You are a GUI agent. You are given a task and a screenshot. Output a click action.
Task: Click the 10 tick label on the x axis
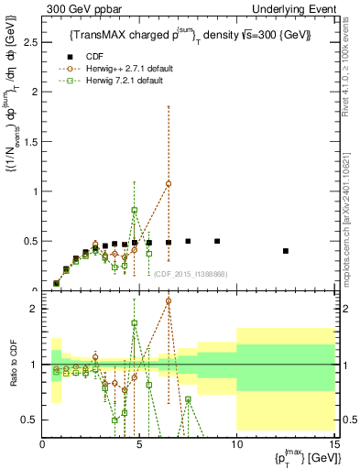236,445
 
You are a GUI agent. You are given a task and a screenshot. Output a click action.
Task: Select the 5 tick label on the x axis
139,445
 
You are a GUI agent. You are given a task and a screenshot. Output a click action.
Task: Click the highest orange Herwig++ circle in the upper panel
169,183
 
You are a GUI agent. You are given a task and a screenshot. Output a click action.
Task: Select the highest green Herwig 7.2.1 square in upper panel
135,211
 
